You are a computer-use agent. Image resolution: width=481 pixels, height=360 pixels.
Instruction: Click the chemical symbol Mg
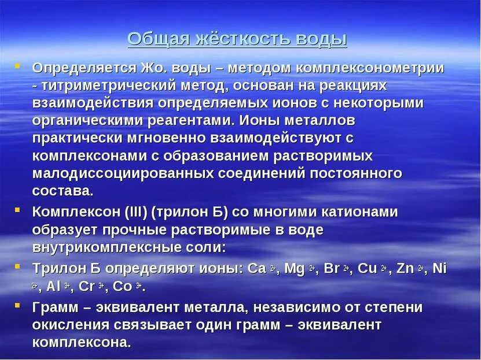point(294,269)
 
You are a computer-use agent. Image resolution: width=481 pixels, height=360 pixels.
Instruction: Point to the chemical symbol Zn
point(406,269)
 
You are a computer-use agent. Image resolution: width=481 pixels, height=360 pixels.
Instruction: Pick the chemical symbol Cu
point(368,269)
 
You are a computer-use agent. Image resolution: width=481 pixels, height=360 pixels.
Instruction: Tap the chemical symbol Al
point(53,286)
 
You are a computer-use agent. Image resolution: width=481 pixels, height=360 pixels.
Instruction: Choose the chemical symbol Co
point(123,286)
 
